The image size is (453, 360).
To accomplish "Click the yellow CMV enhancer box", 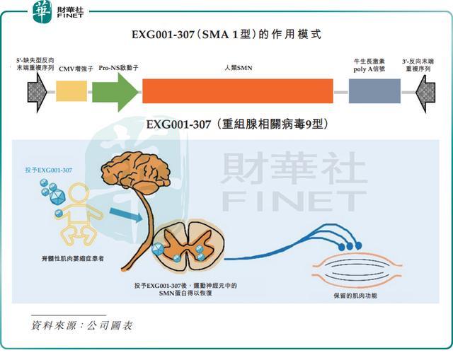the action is pos(71,91).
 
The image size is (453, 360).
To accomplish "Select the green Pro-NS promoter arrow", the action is pos(115,92).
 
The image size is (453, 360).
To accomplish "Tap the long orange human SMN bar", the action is pos(238,91).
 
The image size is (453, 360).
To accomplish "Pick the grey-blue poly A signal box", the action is pos(374,91).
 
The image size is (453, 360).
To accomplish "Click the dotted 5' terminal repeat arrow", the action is pos(37,92).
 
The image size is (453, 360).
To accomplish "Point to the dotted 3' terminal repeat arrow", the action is pos(425,93).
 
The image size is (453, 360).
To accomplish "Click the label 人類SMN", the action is pos(239,68).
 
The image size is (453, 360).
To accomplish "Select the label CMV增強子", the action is pos(76,69).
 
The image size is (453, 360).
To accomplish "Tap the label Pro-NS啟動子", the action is pos(118,68).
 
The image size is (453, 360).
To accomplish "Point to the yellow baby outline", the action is pos(78,214).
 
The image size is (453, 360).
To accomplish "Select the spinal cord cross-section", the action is pos(188,245).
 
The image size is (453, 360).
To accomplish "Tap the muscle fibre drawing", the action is pos(357,268).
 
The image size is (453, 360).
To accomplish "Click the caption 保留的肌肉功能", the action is pos(355,296).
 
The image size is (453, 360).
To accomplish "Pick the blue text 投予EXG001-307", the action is pos(49,170).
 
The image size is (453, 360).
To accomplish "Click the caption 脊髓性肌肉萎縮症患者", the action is pos(73,258).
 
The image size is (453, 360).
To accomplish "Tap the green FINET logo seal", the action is pos(42,12).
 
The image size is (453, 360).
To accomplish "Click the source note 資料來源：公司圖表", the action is pos(82,325).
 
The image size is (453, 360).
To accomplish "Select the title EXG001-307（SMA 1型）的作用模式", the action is pos(226,35).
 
